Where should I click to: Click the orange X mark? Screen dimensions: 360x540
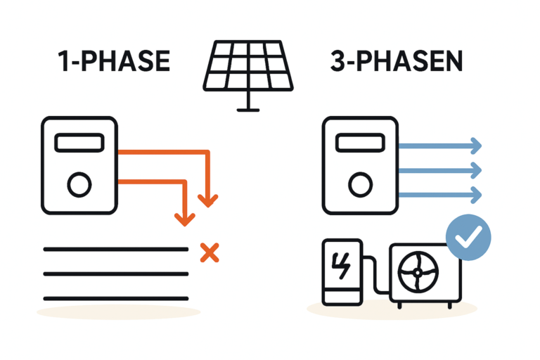tap(207, 251)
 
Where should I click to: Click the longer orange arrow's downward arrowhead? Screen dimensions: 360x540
tap(207, 200)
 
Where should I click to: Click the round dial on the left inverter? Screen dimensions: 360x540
tap(79, 186)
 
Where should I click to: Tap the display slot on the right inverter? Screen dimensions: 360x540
tap(360, 143)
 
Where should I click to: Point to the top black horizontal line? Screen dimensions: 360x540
tap(116, 249)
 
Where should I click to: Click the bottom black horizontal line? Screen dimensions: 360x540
tap(116, 297)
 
